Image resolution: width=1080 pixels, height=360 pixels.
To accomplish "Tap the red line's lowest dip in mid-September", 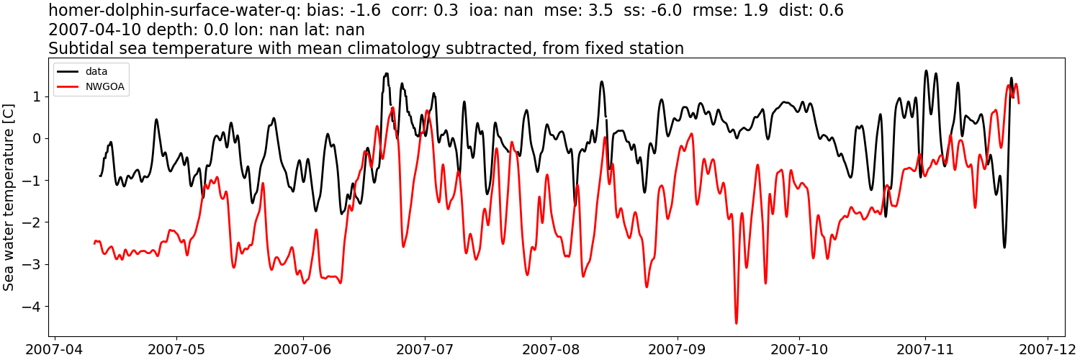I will pyautogui.click(x=737, y=323).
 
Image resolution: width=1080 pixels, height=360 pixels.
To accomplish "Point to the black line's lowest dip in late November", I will pyautogui.click(x=1004, y=248).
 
